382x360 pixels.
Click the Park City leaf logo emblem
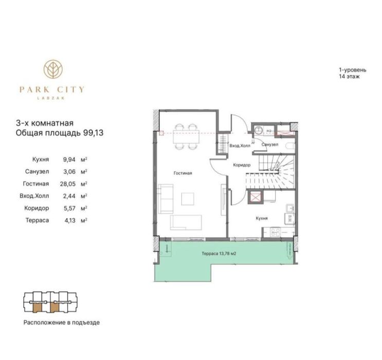(x=52, y=69)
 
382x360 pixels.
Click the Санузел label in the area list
(x=37, y=171)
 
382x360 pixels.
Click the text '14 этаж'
(x=348, y=76)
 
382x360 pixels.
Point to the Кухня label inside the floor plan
(x=262, y=218)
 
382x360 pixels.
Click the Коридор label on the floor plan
(x=241, y=165)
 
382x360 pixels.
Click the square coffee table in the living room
(x=187, y=198)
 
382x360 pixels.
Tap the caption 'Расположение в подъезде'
(x=61, y=323)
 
